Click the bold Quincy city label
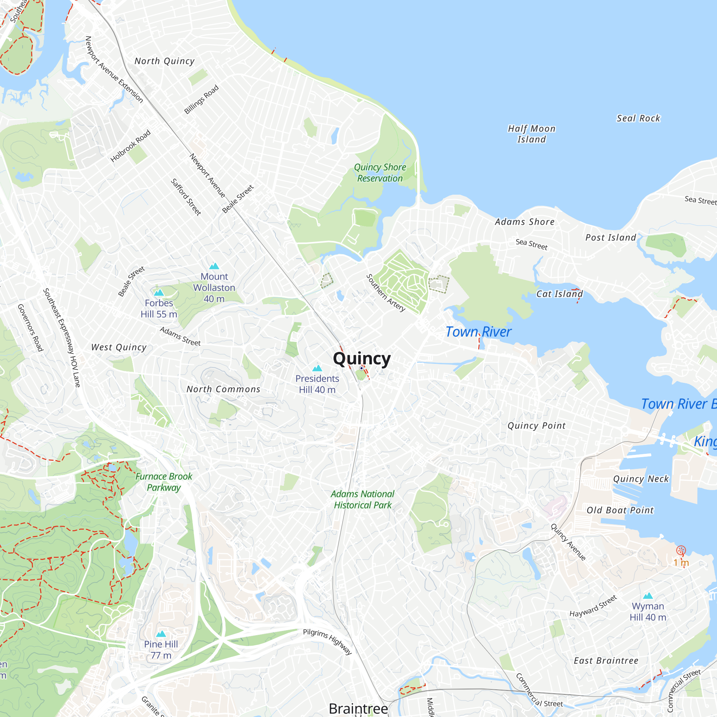click(x=361, y=358)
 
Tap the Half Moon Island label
click(x=531, y=134)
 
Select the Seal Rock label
click(x=638, y=118)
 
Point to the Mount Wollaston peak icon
click(x=214, y=266)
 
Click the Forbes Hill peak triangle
click(x=159, y=293)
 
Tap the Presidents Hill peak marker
click(x=317, y=368)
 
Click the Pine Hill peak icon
click(x=161, y=634)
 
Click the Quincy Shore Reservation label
click(x=380, y=173)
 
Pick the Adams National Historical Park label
click(x=362, y=499)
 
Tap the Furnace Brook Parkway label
click(x=164, y=482)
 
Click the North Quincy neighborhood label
click(x=165, y=61)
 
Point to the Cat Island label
click(x=559, y=294)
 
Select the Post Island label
click(x=611, y=238)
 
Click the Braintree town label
click(x=358, y=708)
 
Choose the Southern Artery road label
click(x=386, y=293)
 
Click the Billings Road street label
click(x=201, y=99)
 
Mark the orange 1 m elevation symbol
click(x=681, y=550)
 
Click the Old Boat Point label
click(x=620, y=510)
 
